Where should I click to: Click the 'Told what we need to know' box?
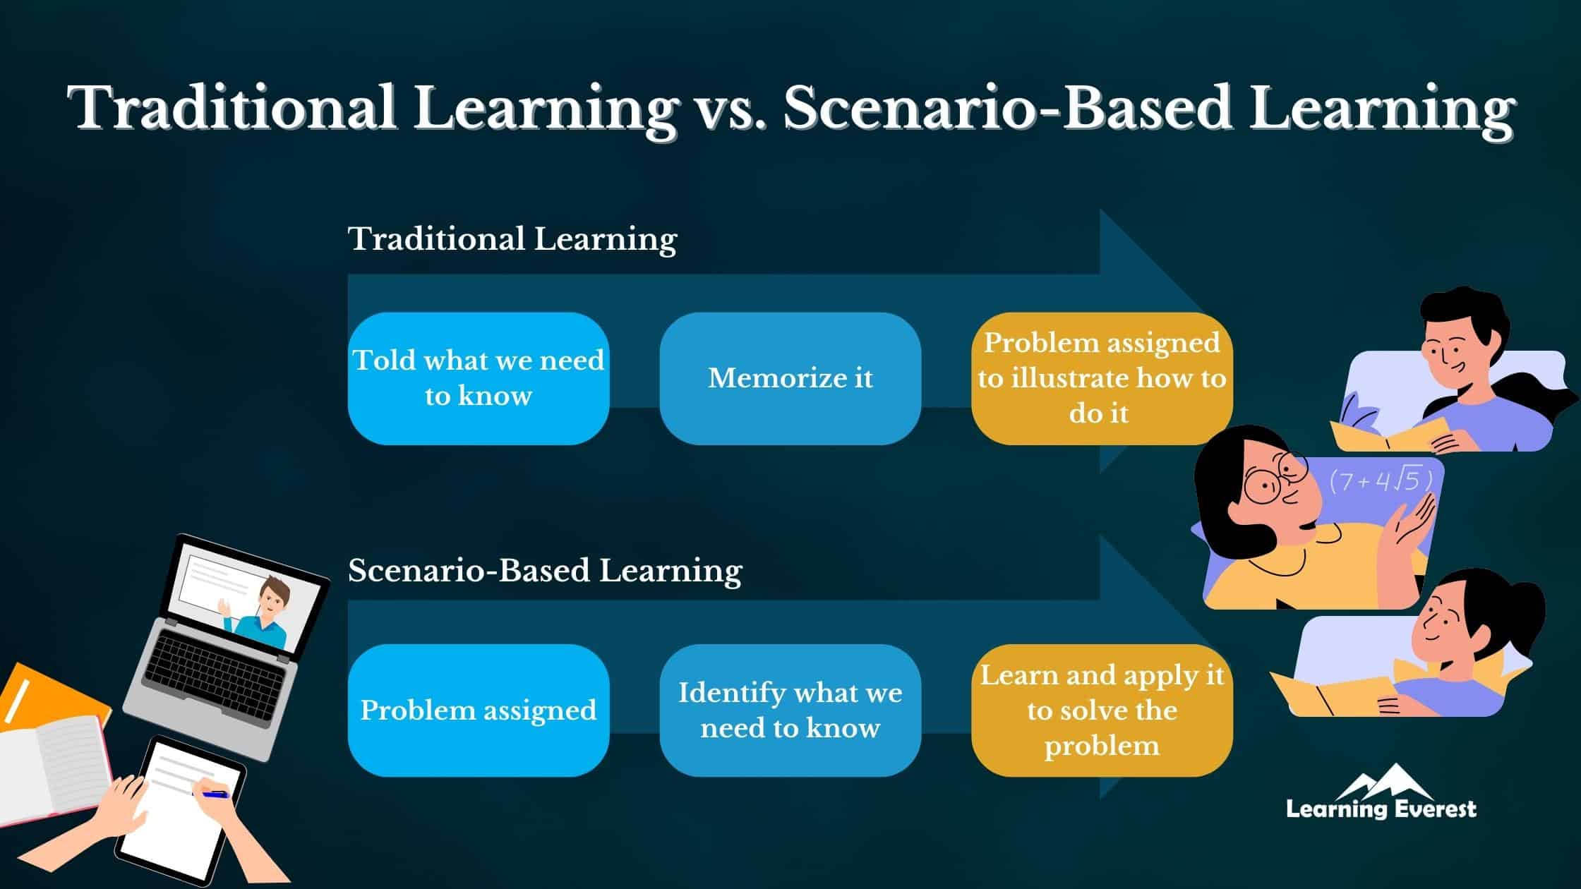pyautogui.click(x=479, y=378)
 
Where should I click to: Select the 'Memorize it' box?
pyautogui.click(x=790, y=378)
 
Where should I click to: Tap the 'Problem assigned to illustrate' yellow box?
pyautogui.click(x=1102, y=378)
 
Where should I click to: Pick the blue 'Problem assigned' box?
pyautogui.click(x=479, y=710)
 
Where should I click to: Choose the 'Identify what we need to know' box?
pyautogui.click(x=790, y=710)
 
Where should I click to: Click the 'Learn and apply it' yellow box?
pyautogui.click(x=1102, y=710)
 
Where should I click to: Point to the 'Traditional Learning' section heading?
pyautogui.click(x=512, y=238)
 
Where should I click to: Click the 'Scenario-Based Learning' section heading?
pyautogui.click(x=545, y=570)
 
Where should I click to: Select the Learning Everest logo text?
pyautogui.click(x=1381, y=808)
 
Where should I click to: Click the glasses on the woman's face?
pyautogui.click(x=1274, y=480)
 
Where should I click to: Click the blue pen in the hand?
pyautogui.click(x=215, y=794)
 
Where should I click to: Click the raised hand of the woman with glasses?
pyautogui.click(x=1412, y=526)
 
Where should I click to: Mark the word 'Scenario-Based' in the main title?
pyautogui.click(x=1008, y=108)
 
